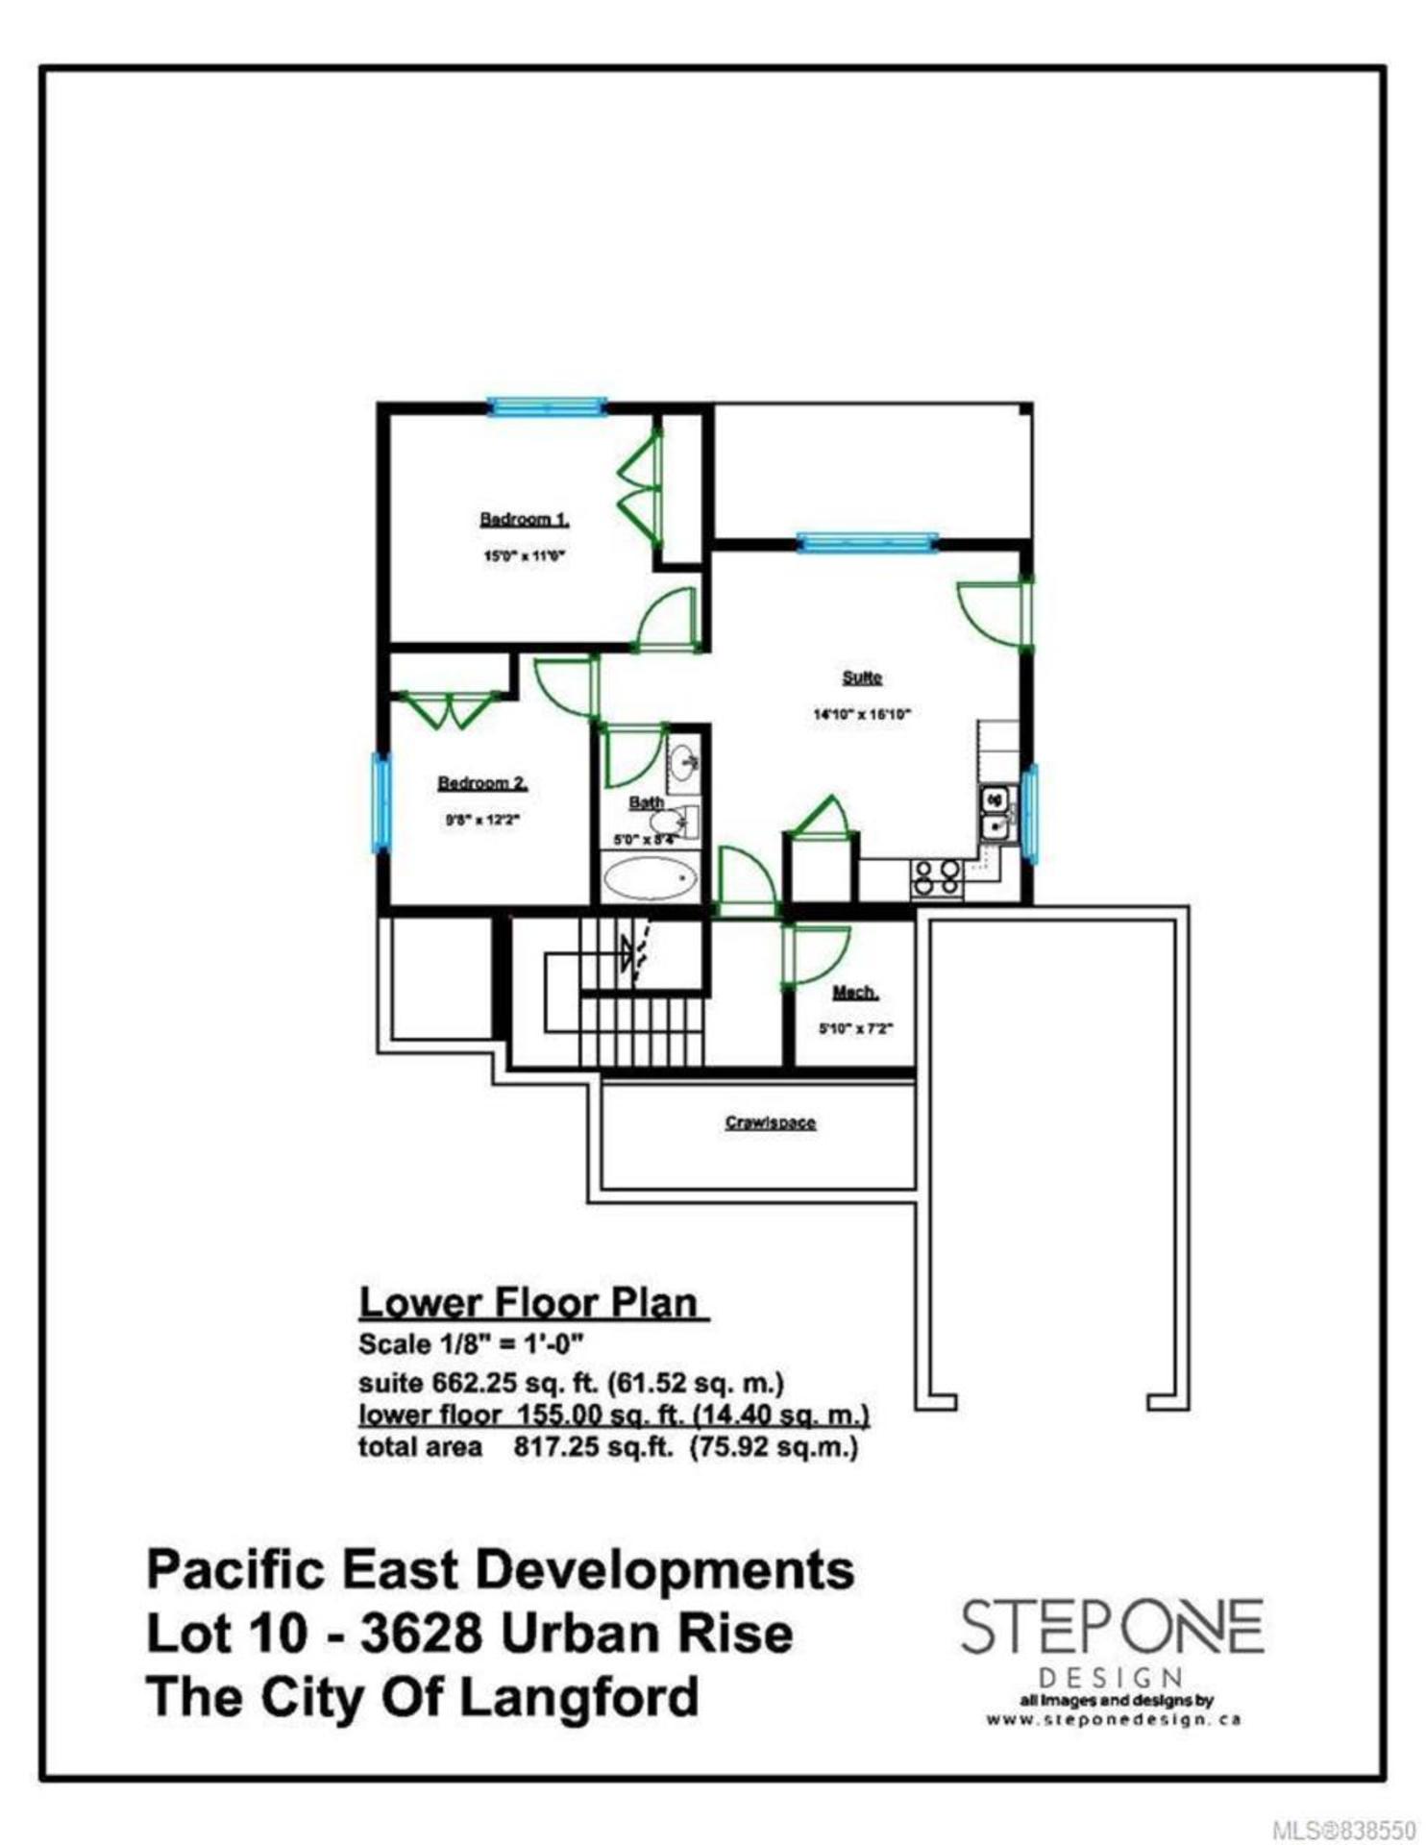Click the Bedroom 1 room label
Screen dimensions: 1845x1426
(525, 520)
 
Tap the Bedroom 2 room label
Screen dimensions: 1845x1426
(482, 783)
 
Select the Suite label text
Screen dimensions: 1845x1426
(862, 677)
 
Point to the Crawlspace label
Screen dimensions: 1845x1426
(771, 1122)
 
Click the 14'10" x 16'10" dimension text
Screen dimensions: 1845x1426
(862, 714)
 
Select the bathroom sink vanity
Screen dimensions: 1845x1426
(684, 765)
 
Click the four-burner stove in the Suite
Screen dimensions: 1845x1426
(937, 878)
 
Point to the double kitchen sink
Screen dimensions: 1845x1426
(995, 813)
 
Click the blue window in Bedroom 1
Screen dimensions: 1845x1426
(548, 406)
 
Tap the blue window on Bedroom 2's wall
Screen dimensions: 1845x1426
(382, 802)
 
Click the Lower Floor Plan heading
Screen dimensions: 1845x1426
(533, 1303)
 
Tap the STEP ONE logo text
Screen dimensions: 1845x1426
(1112, 1627)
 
